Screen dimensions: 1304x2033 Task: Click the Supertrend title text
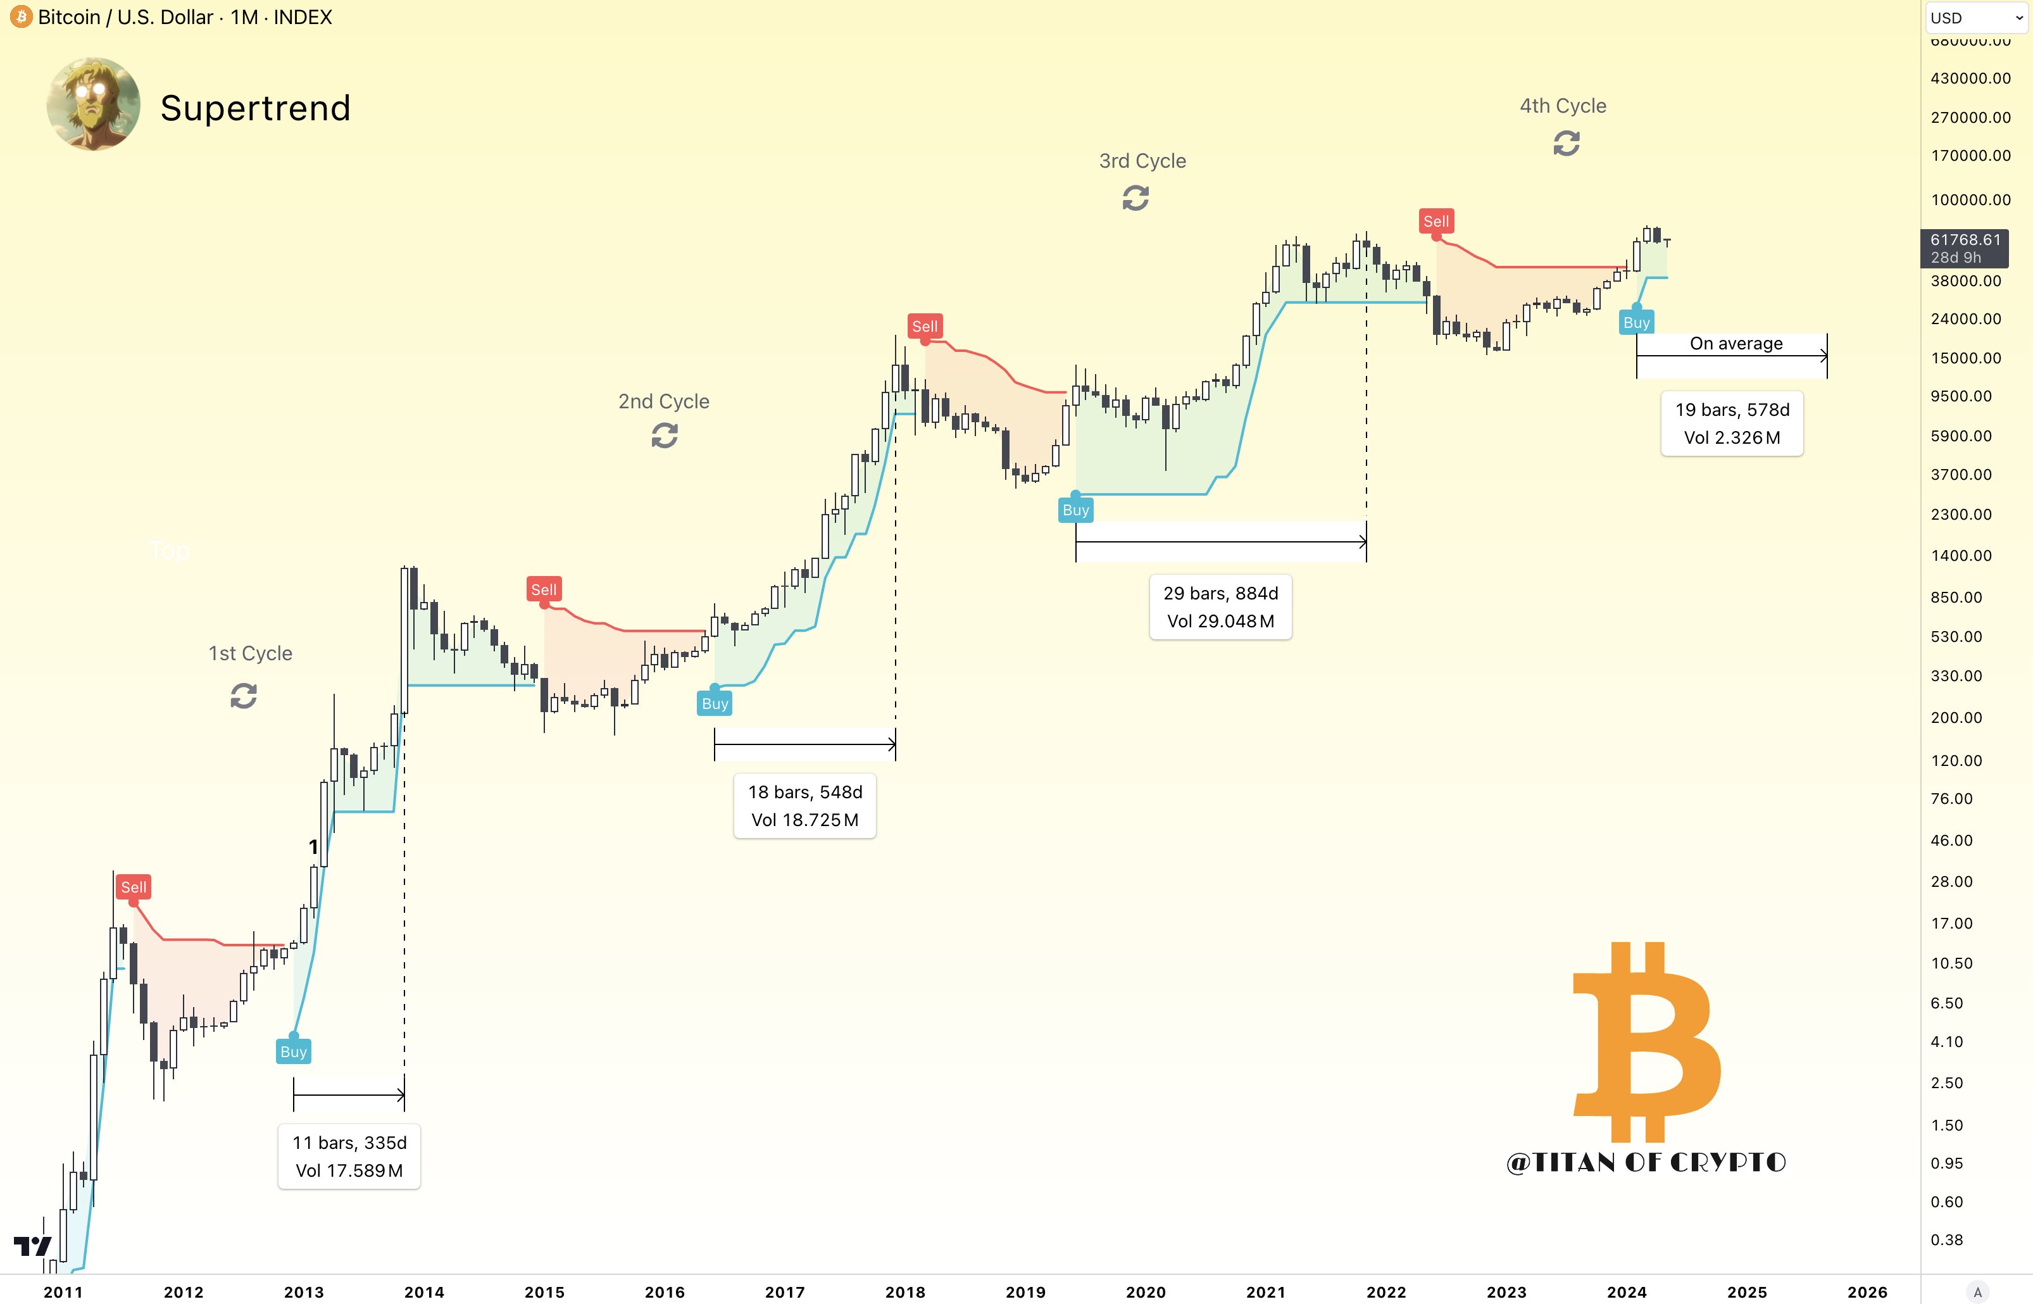[x=255, y=108]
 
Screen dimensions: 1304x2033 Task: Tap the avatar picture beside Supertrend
[x=93, y=104]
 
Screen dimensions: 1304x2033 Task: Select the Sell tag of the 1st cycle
[x=134, y=887]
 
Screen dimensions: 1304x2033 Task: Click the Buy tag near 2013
[x=293, y=1051]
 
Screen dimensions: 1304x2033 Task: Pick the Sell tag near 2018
[x=925, y=326]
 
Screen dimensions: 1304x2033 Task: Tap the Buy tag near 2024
[x=1636, y=323]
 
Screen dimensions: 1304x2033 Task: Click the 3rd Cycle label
[x=1142, y=161]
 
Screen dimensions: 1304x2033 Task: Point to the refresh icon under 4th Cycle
[x=1566, y=143]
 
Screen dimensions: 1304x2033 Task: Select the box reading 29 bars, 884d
[x=1220, y=607]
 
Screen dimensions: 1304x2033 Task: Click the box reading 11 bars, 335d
[x=349, y=1157]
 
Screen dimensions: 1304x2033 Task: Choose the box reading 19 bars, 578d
[x=1732, y=423]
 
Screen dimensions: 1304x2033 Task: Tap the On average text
[x=1736, y=344]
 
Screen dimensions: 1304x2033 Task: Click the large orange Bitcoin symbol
[x=1646, y=1041]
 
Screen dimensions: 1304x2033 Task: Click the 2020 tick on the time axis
[x=1146, y=1292]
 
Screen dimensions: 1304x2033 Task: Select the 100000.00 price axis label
[x=1970, y=200]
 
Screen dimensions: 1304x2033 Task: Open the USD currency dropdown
[x=1976, y=18]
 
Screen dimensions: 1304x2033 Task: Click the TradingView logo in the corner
[x=32, y=1246]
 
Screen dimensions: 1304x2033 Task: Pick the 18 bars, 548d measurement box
[x=804, y=805]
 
